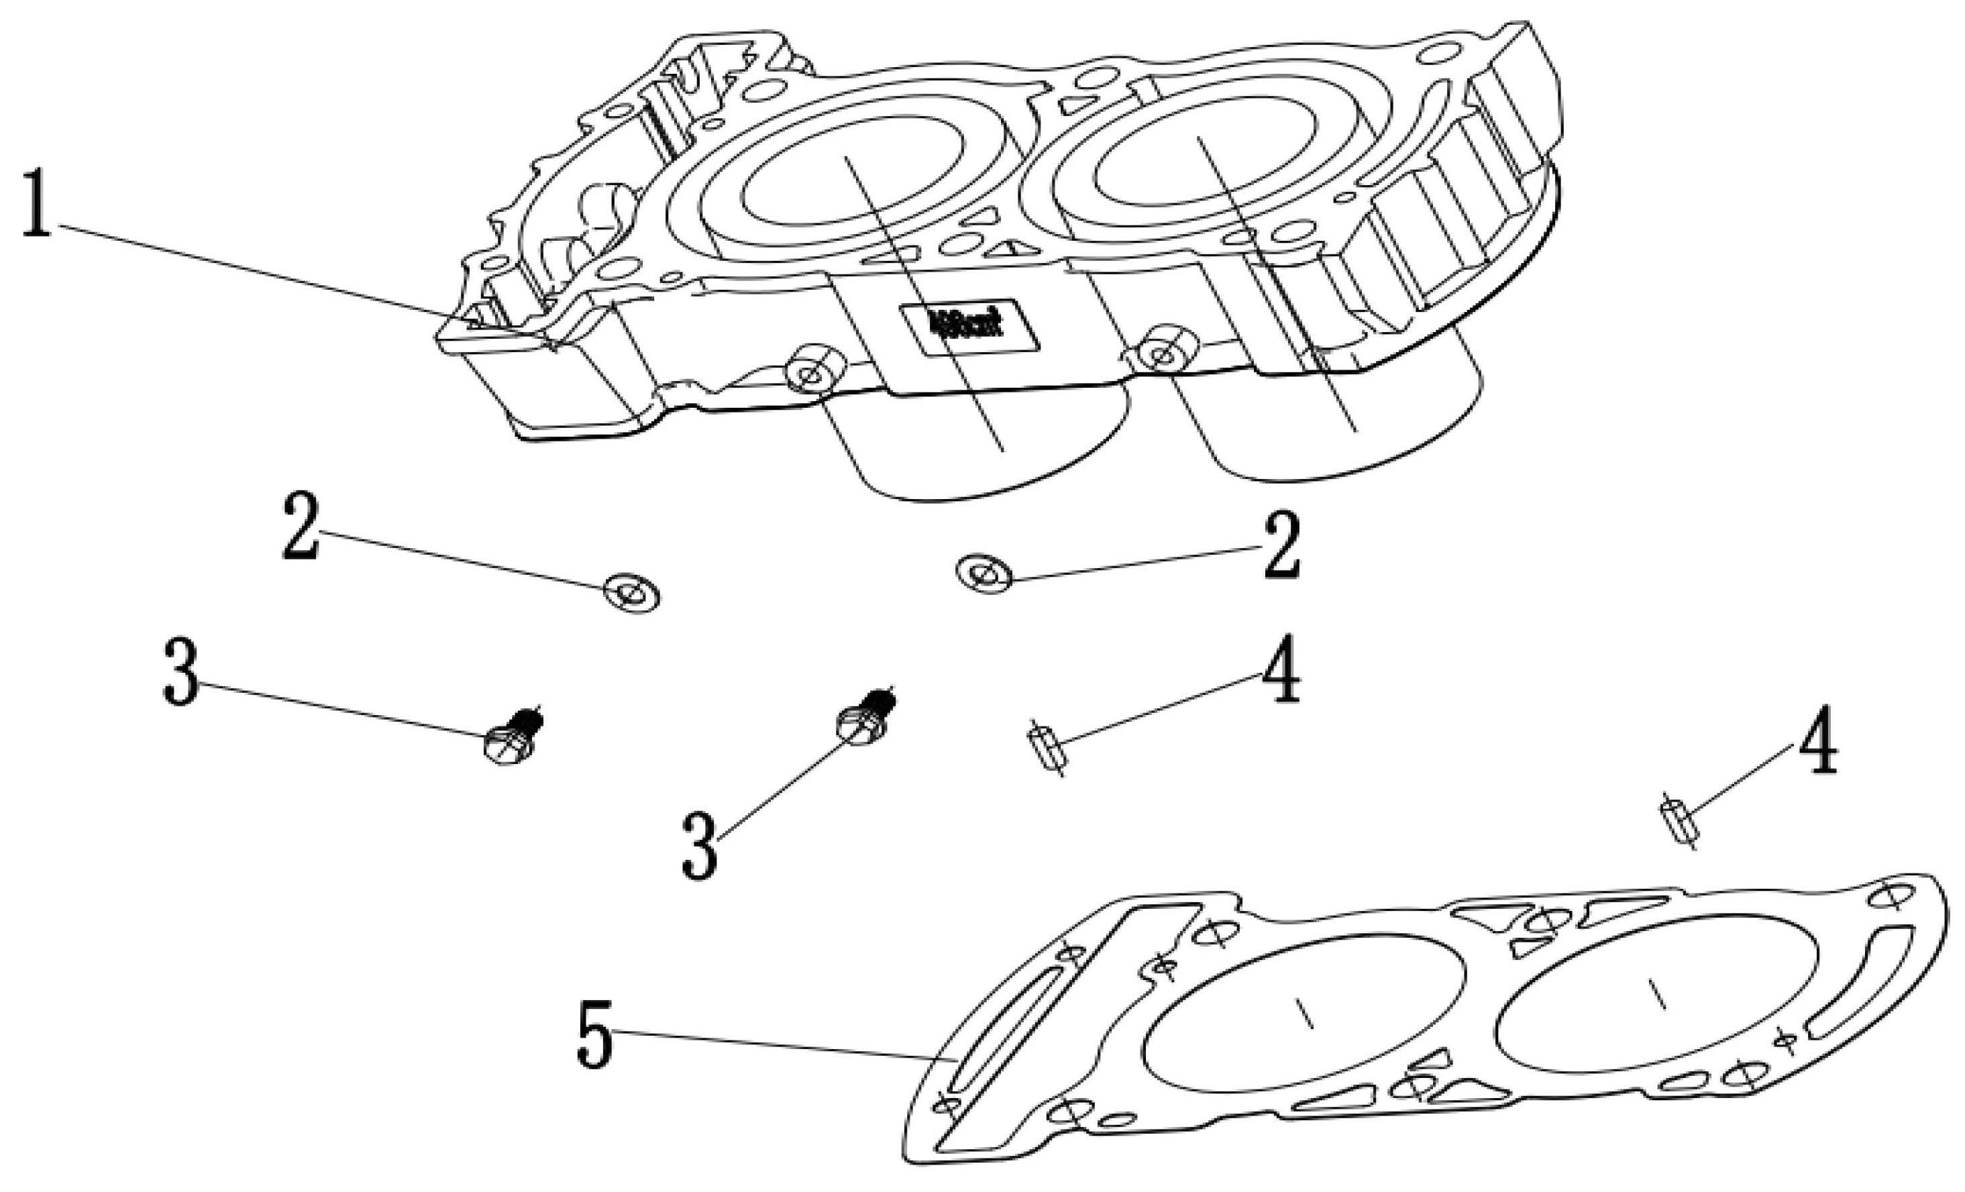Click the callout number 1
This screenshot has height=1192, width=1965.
36,203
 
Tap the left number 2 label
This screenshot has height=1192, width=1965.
301,527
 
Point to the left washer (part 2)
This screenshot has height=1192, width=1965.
631,593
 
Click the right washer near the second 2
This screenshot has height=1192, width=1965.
984,572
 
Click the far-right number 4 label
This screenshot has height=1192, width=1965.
1817,741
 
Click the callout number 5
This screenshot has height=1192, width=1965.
594,1036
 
